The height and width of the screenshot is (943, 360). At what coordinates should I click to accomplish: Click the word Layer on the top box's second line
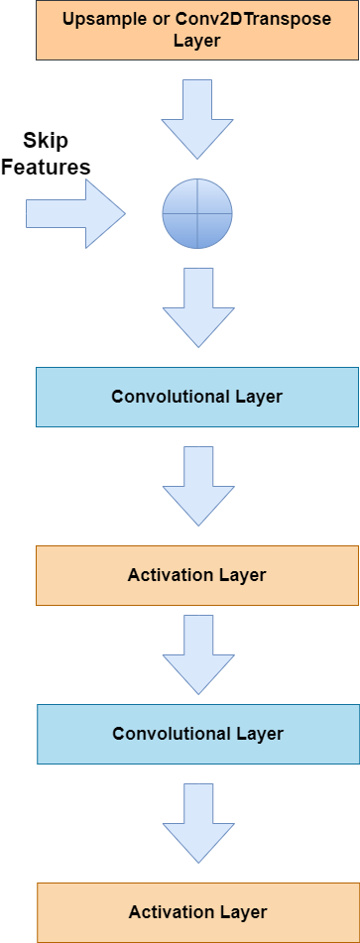[x=196, y=41]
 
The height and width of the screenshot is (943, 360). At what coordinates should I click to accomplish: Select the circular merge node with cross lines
[x=197, y=212]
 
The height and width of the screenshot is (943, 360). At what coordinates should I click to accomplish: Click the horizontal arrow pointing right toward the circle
[x=74, y=212]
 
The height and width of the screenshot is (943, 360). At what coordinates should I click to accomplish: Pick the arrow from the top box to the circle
[x=197, y=118]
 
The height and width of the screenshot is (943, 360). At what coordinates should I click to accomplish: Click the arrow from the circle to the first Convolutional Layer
[x=197, y=306]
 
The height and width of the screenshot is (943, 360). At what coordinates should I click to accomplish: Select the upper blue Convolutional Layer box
[x=197, y=397]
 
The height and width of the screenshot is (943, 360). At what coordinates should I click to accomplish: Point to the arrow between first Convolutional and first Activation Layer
[x=197, y=485]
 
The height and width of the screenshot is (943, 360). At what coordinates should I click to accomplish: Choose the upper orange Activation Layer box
[x=197, y=575]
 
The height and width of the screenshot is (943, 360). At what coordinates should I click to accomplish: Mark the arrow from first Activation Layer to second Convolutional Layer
[x=197, y=653]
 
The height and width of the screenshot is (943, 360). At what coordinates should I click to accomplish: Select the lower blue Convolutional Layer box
[x=197, y=734]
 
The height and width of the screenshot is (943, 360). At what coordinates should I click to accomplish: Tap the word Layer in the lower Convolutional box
[x=260, y=734]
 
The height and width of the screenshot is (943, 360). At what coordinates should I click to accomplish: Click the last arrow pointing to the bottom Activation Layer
[x=197, y=822]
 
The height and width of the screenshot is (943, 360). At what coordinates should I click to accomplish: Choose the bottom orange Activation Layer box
[x=197, y=912]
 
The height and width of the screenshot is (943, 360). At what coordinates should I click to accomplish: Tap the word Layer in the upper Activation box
[x=243, y=575]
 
